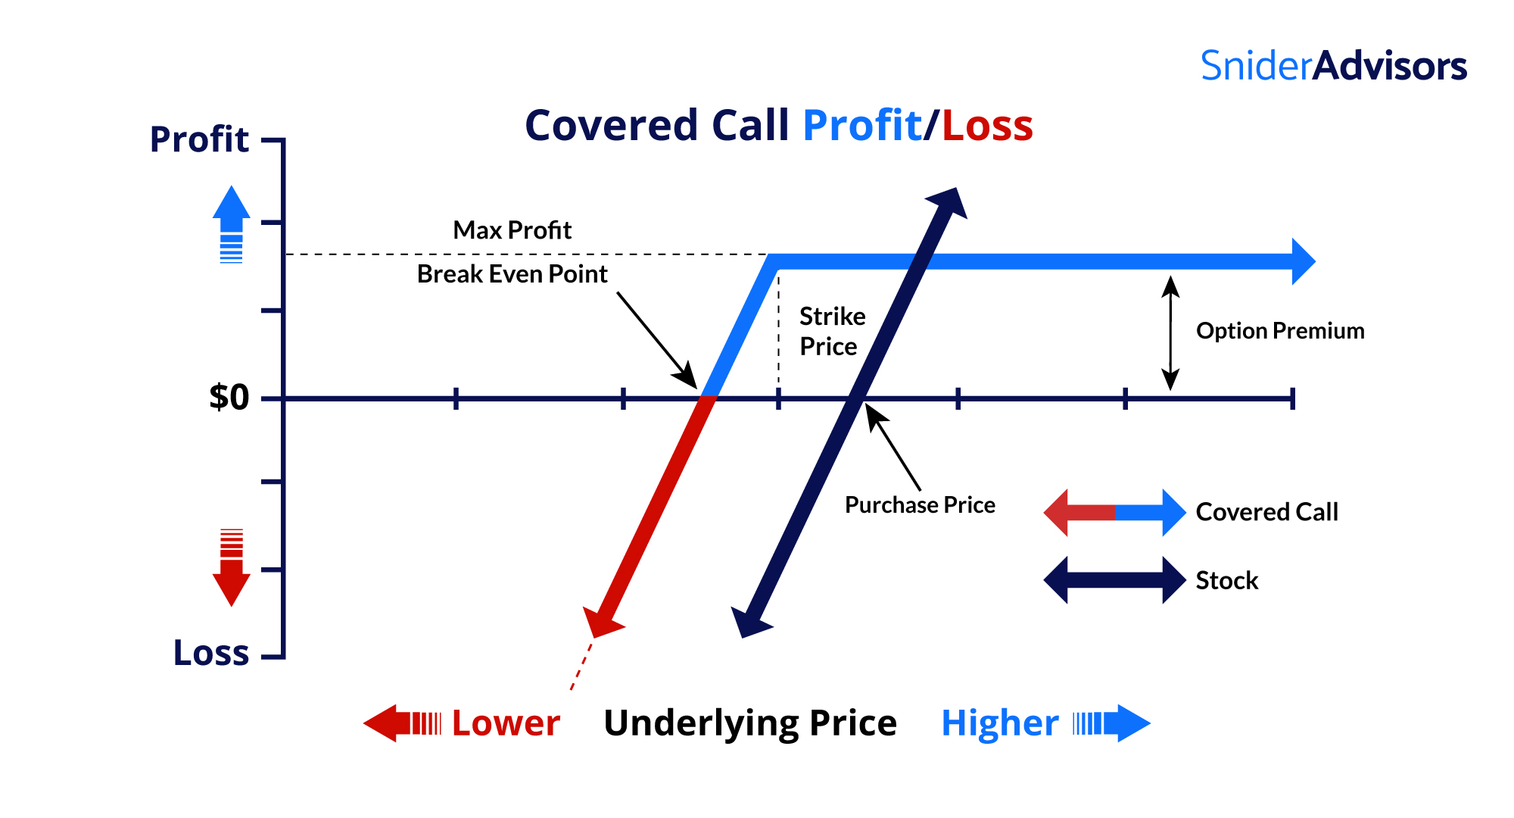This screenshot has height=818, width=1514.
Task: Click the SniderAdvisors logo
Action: point(1333,67)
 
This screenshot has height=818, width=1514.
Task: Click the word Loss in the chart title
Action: point(987,126)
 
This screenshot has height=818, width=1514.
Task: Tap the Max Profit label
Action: point(512,230)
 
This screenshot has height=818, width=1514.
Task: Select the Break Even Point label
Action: point(512,274)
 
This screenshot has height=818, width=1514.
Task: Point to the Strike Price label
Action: point(831,331)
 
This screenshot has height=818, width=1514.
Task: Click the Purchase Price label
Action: point(920,505)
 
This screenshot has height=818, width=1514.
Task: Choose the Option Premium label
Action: point(1280,331)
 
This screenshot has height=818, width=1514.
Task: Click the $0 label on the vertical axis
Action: point(229,398)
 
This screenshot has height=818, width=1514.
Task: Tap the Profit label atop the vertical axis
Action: point(199,139)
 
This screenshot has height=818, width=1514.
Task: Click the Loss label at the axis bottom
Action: point(211,653)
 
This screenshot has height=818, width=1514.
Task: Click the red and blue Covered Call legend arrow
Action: point(1114,513)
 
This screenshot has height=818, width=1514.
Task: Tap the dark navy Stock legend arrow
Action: point(1114,580)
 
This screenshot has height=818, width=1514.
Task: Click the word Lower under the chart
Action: point(506,723)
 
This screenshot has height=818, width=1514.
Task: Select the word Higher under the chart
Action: point(999,723)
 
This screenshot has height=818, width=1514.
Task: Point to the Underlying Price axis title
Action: point(750,723)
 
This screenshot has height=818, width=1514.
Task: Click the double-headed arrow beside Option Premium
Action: point(1170,333)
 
